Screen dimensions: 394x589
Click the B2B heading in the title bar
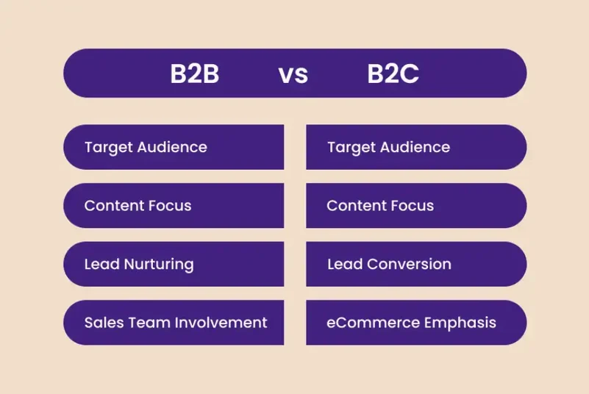(x=195, y=74)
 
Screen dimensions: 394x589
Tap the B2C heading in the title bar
(x=393, y=74)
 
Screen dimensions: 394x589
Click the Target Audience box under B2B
(x=174, y=147)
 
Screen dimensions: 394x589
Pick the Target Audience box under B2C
(x=416, y=147)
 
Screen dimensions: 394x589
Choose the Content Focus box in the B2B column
(x=174, y=206)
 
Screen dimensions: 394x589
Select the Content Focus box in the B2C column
(x=416, y=206)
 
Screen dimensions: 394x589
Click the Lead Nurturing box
(x=174, y=264)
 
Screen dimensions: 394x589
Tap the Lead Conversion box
(x=416, y=264)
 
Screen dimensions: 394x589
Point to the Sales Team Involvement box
(x=174, y=323)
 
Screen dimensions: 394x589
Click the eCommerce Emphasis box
(x=416, y=323)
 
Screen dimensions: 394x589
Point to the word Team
(x=146, y=323)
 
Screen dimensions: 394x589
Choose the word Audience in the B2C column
(x=415, y=147)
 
